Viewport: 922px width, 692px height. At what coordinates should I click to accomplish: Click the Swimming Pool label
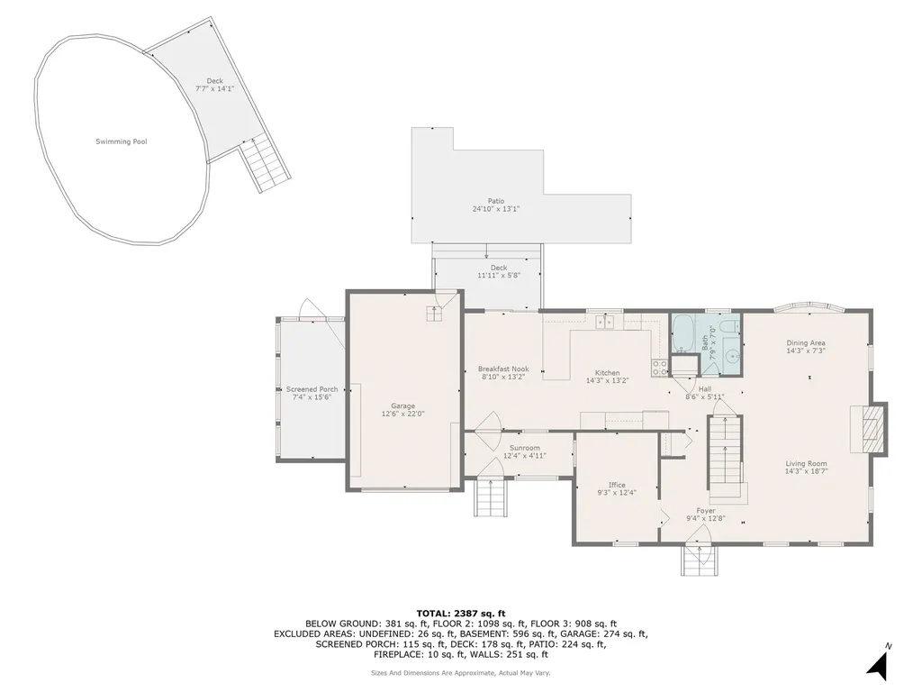[x=122, y=141]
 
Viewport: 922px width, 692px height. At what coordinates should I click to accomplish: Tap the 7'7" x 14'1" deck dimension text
[x=214, y=89]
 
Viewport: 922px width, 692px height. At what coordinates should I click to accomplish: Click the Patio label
[x=496, y=201]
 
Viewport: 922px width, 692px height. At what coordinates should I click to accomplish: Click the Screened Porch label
[x=312, y=389]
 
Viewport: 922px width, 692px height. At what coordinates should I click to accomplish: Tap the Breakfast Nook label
[x=503, y=369]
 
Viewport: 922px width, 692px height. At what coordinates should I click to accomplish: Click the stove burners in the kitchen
[x=660, y=367]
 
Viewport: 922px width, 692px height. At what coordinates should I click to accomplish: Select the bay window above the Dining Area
[x=807, y=306]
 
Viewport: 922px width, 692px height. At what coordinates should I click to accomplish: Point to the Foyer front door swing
[x=700, y=535]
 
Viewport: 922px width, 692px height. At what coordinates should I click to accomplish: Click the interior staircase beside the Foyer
[x=726, y=455]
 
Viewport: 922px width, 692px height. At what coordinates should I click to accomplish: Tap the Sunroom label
[x=525, y=448]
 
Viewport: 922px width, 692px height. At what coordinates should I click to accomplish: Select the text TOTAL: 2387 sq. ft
[x=460, y=613]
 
